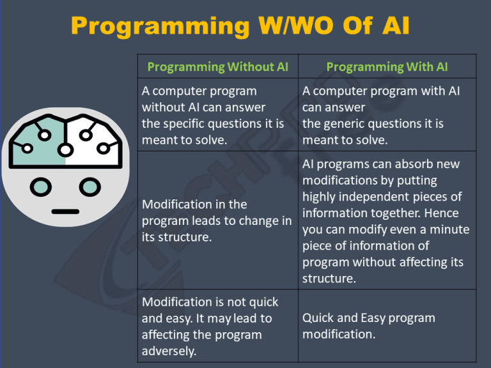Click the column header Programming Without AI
click(217, 67)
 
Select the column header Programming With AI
click(387, 67)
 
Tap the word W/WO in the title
click(295, 25)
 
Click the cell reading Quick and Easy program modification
click(368, 326)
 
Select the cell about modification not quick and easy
click(210, 326)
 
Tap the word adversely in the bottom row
click(169, 351)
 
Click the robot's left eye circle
click(41, 187)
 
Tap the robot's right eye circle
click(90, 187)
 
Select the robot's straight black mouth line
click(65, 212)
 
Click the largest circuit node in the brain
click(65, 150)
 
